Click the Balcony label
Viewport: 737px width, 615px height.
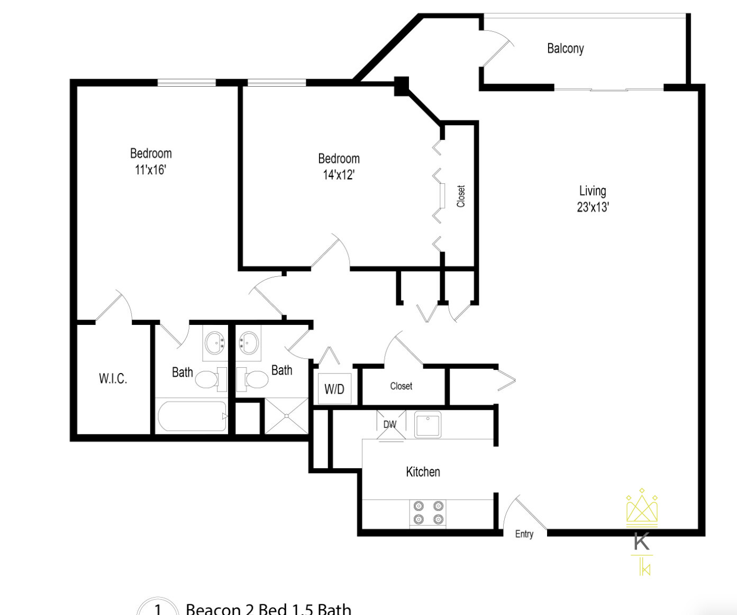[x=565, y=49]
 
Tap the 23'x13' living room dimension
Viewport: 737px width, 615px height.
[x=593, y=207]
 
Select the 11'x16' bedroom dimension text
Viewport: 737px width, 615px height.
[x=151, y=170]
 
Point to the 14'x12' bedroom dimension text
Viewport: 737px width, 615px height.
[x=339, y=175]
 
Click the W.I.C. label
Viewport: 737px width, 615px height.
[x=113, y=378]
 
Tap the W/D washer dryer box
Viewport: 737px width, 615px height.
[x=334, y=389]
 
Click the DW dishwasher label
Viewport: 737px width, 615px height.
[x=390, y=424]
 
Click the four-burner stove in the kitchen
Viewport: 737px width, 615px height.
[x=428, y=512]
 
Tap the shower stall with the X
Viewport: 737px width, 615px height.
[x=286, y=416]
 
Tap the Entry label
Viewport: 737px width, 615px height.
[x=524, y=534]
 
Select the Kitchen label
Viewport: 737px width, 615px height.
[x=423, y=472]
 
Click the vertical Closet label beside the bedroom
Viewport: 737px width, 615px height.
[x=461, y=196]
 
